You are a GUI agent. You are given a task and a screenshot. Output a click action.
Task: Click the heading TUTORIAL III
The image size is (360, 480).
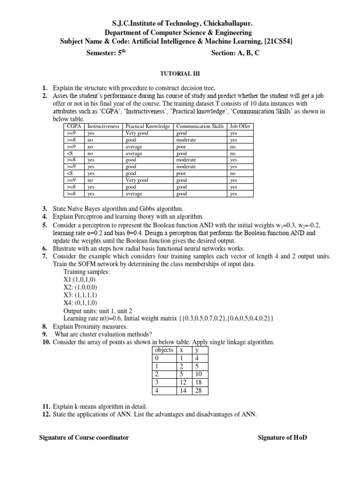click(180, 74)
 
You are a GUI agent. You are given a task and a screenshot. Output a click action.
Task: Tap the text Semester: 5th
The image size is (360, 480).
click(106, 53)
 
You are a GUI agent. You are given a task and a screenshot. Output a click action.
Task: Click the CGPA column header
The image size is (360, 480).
click(74, 127)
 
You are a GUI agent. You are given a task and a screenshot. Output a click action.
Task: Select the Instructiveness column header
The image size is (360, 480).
click(104, 127)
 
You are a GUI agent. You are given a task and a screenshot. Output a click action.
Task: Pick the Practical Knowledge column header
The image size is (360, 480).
click(148, 127)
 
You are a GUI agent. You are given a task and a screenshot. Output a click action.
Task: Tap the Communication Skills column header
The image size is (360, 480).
click(200, 127)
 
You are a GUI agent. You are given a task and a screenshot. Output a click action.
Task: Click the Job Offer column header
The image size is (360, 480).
click(240, 127)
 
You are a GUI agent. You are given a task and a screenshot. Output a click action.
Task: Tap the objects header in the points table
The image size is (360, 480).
click(164, 350)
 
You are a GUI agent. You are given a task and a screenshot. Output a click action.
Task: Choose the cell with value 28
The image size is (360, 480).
click(198, 390)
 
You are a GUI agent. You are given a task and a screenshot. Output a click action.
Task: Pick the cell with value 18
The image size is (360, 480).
click(198, 382)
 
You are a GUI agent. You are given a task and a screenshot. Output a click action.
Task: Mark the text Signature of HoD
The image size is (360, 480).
click(283, 437)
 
